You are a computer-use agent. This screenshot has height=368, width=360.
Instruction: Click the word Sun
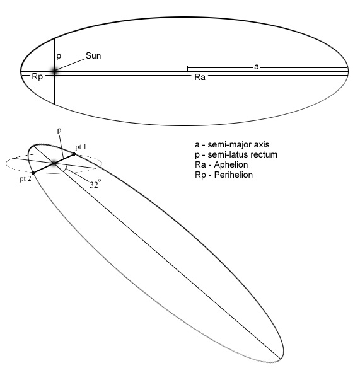pos(93,56)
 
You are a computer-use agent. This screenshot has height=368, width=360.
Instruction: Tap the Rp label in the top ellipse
pos(37,77)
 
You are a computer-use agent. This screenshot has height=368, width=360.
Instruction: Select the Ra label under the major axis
pos(200,77)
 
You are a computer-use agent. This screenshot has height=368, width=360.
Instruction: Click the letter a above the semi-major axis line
pos(257,67)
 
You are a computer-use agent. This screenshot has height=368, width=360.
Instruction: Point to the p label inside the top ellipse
pos(59,56)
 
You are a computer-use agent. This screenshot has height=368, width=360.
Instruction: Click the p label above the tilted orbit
pos(59,131)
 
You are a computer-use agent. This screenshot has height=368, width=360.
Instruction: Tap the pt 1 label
pos(81,147)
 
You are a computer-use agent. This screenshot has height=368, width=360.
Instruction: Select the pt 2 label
pos(25,179)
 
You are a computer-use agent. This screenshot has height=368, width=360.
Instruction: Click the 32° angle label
pos(95,184)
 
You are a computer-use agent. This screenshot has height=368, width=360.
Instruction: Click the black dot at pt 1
pos(74,154)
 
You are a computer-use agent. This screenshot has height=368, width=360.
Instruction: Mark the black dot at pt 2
pos(33,173)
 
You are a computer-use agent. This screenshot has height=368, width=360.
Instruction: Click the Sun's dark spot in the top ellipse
pos(54,71)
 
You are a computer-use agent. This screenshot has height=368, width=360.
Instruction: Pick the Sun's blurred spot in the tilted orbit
pos(54,163)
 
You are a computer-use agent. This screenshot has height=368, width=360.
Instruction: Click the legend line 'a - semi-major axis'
pos(232,144)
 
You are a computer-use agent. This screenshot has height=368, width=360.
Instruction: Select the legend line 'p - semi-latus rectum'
pos(236,154)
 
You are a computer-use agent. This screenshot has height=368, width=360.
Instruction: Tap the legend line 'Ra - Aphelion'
pos(221,164)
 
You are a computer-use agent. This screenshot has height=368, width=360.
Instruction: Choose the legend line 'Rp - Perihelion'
pos(224,175)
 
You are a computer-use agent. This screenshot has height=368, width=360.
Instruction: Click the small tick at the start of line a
pos(187,69)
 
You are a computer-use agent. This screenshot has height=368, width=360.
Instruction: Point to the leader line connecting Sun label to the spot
pos(70,65)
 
